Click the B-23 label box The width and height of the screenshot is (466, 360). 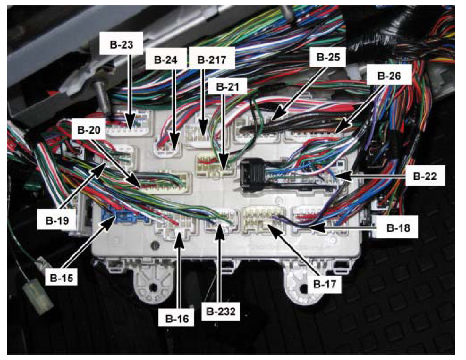[121, 45]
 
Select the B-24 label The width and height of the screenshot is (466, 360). [166, 60]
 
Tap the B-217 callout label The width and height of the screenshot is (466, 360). [212, 60]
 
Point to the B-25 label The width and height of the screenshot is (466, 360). [328, 57]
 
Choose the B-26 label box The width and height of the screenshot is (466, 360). [389, 76]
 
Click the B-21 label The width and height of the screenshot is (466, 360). [228, 87]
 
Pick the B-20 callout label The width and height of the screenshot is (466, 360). [89, 130]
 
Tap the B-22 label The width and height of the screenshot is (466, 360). [425, 176]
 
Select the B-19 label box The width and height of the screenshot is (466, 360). [57, 220]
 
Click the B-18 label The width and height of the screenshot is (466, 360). [398, 228]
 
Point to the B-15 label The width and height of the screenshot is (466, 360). [61, 277]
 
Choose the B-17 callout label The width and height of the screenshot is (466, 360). [325, 284]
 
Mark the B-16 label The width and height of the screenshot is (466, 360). [177, 318]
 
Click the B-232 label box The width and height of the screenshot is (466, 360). [221, 311]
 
